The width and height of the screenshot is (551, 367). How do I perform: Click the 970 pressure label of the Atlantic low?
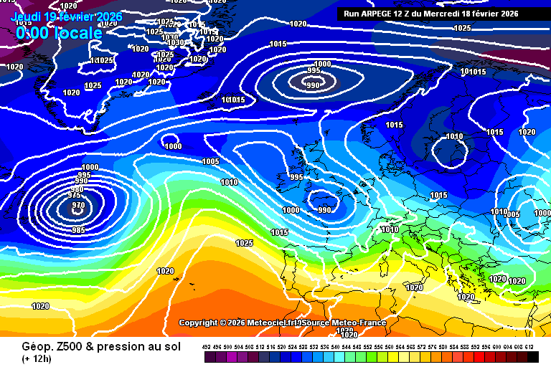pyautogui.click(x=77, y=206)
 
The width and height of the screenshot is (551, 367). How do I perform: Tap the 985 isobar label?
pyautogui.click(x=79, y=230)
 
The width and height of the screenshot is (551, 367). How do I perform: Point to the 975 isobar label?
pyautogui.click(x=74, y=195)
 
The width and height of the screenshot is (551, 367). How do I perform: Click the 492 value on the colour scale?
pyautogui.click(x=207, y=347)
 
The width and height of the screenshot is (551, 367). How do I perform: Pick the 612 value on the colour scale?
pyautogui.click(x=529, y=347)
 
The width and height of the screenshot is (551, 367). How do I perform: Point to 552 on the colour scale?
pyautogui.click(x=368, y=347)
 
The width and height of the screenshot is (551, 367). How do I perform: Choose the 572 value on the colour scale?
pyautogui.click(x=422, y=347)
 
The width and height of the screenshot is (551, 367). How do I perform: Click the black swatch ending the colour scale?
pyautogui.click(x=532, y=356)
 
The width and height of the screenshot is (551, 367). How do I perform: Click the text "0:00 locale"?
pyautogui.click(x=59, y=33)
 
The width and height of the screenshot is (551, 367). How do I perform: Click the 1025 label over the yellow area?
pyautogui.click(x=244, y=243)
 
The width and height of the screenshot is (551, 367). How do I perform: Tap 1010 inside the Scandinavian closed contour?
pyautogui.click(x=454, y=136)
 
